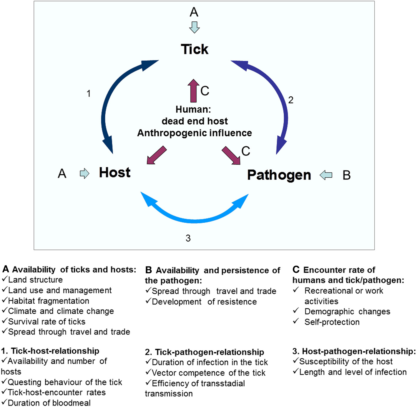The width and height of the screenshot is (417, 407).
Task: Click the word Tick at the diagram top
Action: (195, 49)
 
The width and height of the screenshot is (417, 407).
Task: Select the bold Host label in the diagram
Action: (114, 173)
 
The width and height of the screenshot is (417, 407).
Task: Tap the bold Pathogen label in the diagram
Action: (279, 175)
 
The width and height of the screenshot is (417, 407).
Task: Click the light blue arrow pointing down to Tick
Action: (194, 27)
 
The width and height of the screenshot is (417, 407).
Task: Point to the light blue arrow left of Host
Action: (84, 173)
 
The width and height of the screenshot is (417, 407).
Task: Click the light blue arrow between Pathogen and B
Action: (326, 175)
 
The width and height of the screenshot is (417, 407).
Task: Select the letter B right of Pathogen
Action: (346, 175)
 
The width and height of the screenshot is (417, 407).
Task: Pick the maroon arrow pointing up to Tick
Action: (193, 90)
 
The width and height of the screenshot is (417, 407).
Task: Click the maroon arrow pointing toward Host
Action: (157, 155)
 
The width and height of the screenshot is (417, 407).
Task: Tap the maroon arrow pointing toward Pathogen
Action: (231, 155)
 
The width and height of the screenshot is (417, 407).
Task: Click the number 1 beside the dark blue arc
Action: (88, 94)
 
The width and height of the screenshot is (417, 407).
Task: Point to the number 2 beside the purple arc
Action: (291, 100)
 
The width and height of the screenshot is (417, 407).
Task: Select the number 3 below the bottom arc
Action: (188, 238)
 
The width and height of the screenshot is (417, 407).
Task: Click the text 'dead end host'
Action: (195, 121)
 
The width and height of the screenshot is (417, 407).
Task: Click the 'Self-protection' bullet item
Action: (332, 322)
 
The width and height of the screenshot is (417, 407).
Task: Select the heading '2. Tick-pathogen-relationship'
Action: (205, 352)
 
